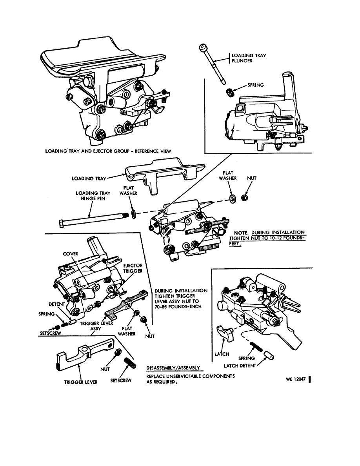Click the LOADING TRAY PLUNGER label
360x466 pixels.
[x=245, y=58]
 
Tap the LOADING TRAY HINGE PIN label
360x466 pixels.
[x=93, y=196]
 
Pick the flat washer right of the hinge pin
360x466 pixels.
[x=134, y=214]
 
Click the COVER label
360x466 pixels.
[x=71, y=253]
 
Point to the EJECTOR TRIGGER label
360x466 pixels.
[x=133, y=268]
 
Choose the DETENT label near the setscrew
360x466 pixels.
[x=57, y=304]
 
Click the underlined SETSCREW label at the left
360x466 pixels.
[x=51, y=333]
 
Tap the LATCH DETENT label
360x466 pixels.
[x=240, y=365]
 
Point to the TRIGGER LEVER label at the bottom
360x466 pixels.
[x=81, y=382]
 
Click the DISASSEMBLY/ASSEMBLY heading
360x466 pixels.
[x=173, y=368]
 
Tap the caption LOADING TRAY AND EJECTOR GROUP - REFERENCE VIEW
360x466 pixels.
[x=108, y=151]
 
